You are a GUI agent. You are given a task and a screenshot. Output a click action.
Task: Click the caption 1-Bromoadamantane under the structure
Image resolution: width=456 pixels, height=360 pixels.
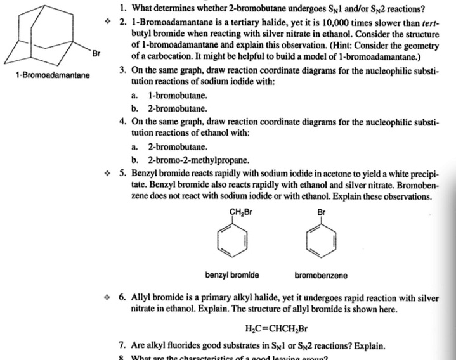53,75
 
